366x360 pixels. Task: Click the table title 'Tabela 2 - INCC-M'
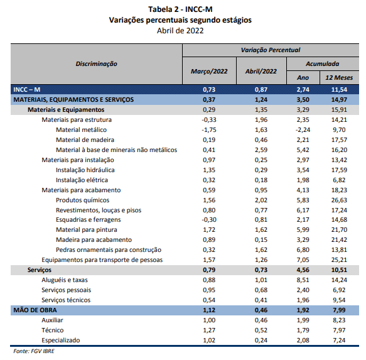180,9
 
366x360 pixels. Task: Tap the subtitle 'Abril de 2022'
180,31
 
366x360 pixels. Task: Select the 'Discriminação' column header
97,64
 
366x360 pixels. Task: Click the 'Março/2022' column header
209,71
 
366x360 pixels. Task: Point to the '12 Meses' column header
339,77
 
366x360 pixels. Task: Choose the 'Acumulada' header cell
322,64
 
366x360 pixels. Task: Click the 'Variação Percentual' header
271,50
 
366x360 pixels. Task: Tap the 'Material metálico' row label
81,129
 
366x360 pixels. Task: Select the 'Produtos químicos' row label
83,200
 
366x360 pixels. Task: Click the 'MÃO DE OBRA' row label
35,310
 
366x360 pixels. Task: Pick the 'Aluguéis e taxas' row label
65,280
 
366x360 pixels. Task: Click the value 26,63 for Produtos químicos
339,200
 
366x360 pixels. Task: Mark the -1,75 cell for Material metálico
209,129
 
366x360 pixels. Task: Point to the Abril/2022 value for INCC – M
261,89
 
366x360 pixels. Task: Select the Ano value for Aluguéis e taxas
303,280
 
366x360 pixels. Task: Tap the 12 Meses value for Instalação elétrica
339,180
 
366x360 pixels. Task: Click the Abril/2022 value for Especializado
261,340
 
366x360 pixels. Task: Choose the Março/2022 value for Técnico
209,330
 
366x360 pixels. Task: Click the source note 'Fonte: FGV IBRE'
34,351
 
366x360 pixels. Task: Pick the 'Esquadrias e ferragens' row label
89,220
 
